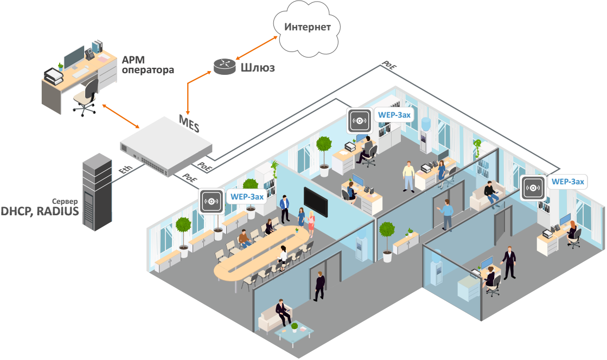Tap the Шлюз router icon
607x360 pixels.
pyautogui.click(x=223, y=66)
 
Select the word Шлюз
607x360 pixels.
pyautogui.click(x=257, y=68)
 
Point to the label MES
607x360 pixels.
pyautogui.click(x=189, y=124)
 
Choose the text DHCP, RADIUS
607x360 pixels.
pyautogui.click(x=40, y=211)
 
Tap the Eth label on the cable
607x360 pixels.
pyautogui.click(x=125, y=171)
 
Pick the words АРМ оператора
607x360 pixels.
pyautogui.click(x=140, y=65)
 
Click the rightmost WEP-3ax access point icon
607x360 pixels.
pyautogui.click(x=533, y=188)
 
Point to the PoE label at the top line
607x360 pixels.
pyautogui.click(x=389, y=65)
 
